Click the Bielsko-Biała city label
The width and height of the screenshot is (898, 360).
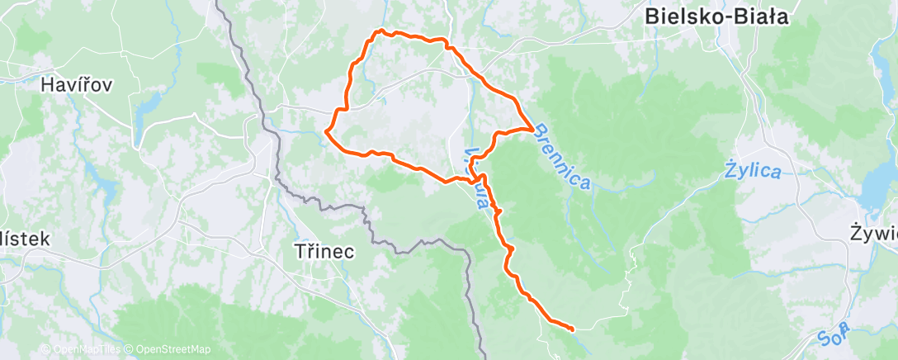[x=716, y=15]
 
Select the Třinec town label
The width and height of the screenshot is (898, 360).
[x=324, y=252]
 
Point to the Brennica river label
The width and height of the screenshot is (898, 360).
[x=563, y=157]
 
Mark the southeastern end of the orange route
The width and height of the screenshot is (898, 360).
[x=572, y=329]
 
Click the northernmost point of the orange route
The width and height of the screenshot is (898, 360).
[x=379, y=31]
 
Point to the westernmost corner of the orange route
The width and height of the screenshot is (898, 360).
[x=327, y=130]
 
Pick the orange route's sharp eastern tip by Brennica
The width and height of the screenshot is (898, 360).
[x=530, y=128]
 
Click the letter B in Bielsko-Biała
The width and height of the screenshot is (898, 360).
[x=652, y=15]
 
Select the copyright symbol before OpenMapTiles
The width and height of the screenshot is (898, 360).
[x=45, y=349]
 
